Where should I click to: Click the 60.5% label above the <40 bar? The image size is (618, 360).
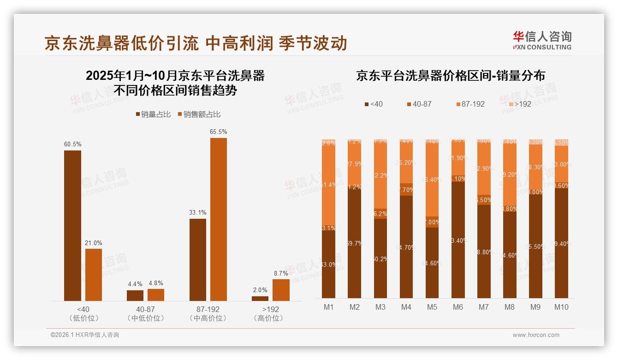pyautogui.click(x=72, y=144)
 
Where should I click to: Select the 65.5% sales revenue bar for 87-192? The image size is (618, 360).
pyautogui.click(x=219, y=219)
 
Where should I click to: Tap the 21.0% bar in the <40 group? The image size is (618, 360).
pyautogui.click(x=94, y=275)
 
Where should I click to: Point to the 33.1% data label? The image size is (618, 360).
pyautogui.click(x=198, y=213)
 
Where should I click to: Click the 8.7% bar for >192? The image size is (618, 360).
pyautogui.click(x=281, y=290)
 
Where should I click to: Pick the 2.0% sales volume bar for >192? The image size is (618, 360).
pyautogui.click(x=260, y=298)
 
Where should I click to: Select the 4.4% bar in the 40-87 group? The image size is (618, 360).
pyautogui.click(x=135, y=295)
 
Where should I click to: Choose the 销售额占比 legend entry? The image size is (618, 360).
pyautogui.click(x=199, y=114)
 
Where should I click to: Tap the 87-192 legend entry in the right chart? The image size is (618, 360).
pyautogui.click(x=470, y=104)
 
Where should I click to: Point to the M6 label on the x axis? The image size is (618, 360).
pyautogui.click(x=458, y=307)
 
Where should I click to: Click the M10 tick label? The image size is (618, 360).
pyautogui.click(x=561, y=307)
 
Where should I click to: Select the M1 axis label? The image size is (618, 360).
pyautogui.click(x=328, y=307)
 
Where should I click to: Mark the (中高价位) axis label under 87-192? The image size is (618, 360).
pyautogui.click(x=208, y=318)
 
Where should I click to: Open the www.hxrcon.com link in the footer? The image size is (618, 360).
pyautogui.click(x=535, y=335)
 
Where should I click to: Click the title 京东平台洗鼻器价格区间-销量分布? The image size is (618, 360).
pyautogui.click(x=450, y=76)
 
